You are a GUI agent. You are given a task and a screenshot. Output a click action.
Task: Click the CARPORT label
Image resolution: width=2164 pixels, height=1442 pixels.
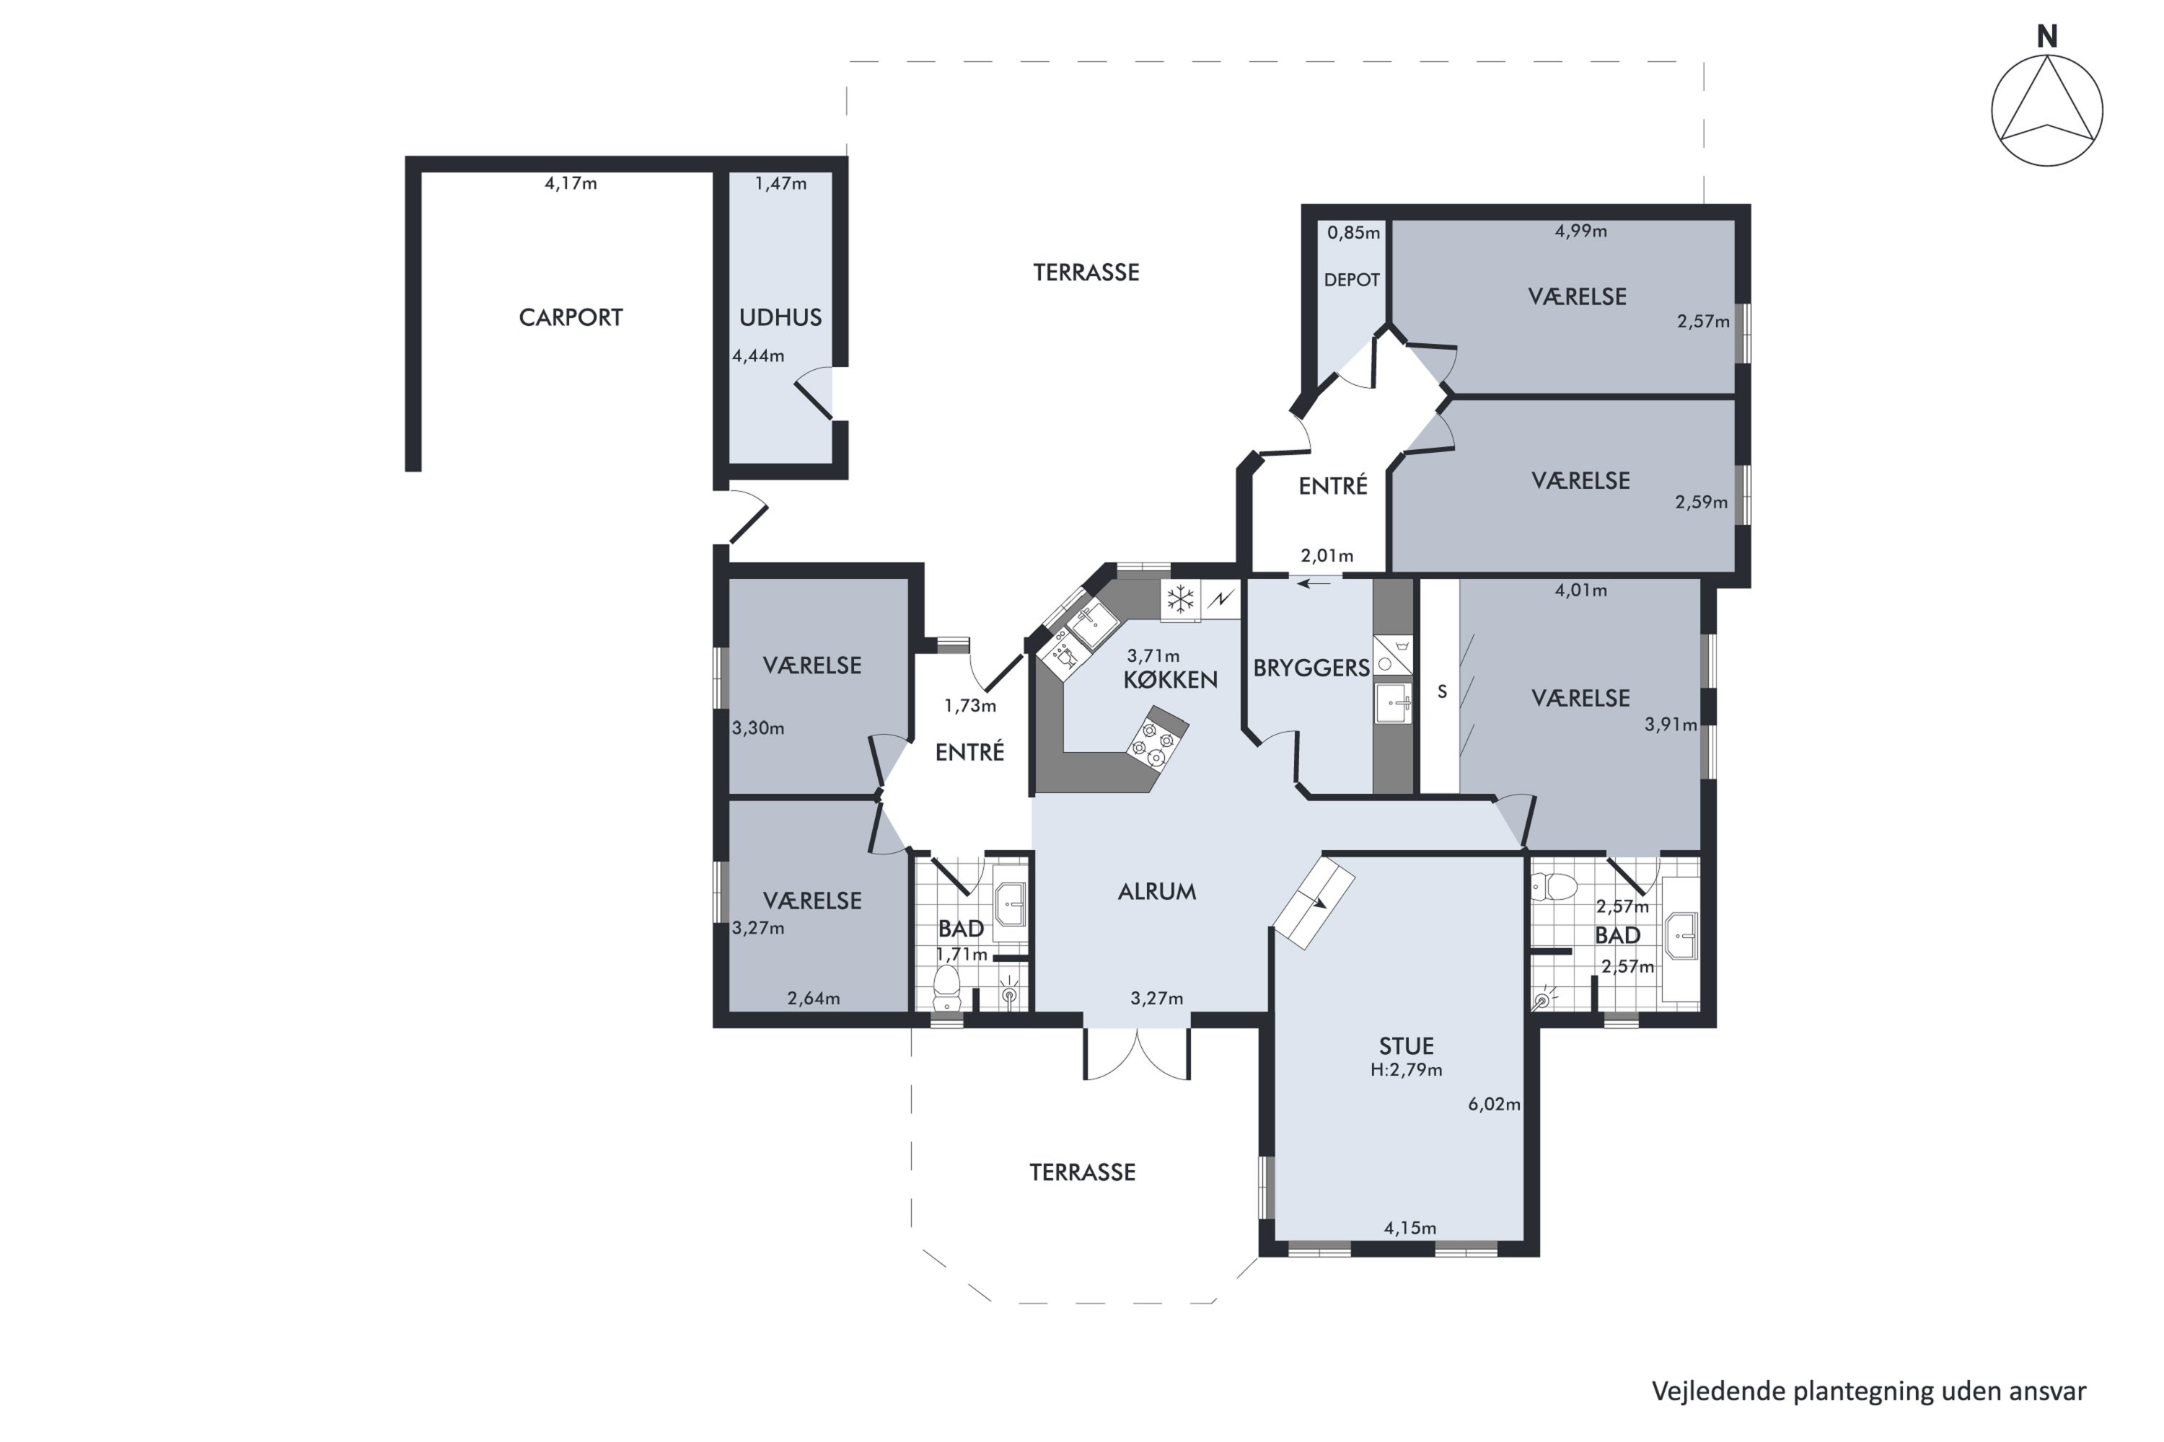[x=571, y=317]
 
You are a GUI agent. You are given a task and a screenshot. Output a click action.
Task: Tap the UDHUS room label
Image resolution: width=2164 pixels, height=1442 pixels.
[x=780, y=317]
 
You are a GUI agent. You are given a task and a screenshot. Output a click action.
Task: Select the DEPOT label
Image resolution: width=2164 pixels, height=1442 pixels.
[x=1352, y=280]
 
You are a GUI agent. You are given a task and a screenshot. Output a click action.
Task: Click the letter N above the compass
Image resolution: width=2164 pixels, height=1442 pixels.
[x=2046, y=36]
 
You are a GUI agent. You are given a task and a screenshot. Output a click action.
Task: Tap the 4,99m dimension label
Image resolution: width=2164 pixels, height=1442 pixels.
[x=1580, y=231]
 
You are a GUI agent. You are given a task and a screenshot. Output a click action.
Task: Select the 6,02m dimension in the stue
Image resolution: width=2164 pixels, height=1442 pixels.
[x=1494, y=1105]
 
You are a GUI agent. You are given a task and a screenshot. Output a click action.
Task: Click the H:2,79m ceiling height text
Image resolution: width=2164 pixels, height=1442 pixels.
[x=1406, y=1069]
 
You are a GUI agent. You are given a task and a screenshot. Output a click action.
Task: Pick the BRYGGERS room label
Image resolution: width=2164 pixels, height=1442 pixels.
[x=1311, y=668]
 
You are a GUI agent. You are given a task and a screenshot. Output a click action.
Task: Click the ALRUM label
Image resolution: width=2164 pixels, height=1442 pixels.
[x=1156, y=891]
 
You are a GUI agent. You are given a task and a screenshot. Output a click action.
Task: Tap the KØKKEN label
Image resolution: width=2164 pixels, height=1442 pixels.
[x=1170, y=680]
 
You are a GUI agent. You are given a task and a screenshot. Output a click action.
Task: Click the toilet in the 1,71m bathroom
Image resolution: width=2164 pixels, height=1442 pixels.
[x=946, y=988]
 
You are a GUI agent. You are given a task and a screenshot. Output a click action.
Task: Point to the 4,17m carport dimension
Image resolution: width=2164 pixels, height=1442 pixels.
[x=571, y=183]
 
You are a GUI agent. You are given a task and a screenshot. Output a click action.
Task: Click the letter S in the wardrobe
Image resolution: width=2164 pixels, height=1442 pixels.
[x=1442, y=691]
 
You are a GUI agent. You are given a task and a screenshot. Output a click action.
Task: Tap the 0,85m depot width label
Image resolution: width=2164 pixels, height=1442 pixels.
[x=1353, y=233]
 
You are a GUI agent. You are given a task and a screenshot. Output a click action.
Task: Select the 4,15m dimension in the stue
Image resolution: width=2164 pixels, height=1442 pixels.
[x=1409, y=1228]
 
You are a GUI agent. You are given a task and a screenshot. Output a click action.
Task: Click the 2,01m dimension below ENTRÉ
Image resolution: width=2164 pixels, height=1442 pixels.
[x=1327, y=555]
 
